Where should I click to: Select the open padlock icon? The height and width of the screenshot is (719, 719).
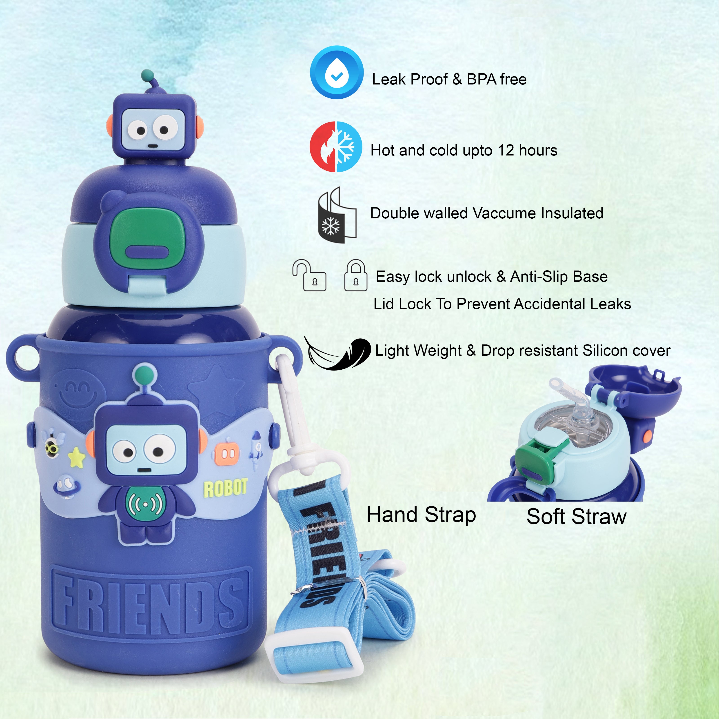(309, 275)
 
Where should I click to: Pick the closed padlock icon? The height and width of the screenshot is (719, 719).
(356, 275)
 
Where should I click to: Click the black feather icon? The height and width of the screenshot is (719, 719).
(337, 353)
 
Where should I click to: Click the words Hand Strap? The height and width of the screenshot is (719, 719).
(421, 515)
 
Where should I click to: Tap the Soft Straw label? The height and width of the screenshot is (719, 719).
(577, 517)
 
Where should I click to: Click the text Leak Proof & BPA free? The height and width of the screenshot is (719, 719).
(449, 79)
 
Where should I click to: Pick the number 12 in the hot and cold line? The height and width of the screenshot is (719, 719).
(506, 150)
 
